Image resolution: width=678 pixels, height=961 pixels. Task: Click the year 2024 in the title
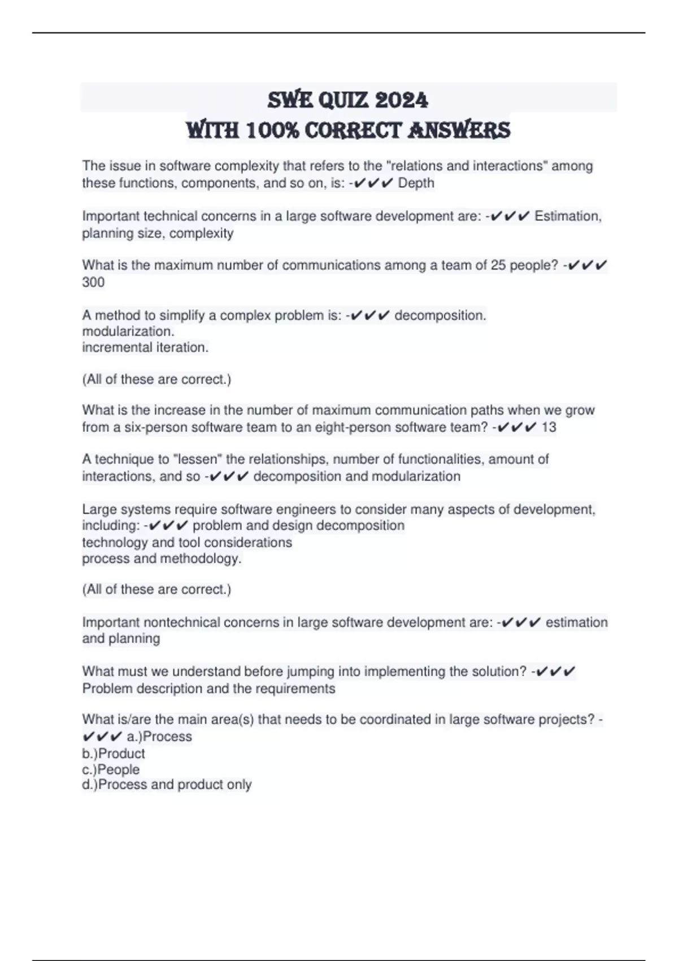pos(401,100)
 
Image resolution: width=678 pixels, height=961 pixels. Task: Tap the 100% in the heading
pos(273,131)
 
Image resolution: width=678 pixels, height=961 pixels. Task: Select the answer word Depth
pos(416,183)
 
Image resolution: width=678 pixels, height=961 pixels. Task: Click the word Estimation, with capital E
pos(568,216)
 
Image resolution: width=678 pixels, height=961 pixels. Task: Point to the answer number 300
pos(93,282)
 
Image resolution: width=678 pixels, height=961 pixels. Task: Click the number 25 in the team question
pos(498,265)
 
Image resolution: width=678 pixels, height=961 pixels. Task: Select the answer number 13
pos(549,427)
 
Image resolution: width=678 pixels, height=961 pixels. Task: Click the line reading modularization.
pos(128,331)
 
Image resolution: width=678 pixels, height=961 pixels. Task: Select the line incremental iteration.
pos(145,348)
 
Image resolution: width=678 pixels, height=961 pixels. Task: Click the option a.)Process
pos(159,737)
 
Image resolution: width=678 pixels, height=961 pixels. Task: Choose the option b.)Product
pos(114,754)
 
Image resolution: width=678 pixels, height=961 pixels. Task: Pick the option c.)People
pos(111,769)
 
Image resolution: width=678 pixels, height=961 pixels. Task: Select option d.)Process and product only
pos(167,785)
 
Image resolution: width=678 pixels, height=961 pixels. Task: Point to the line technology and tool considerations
pos(187,543)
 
